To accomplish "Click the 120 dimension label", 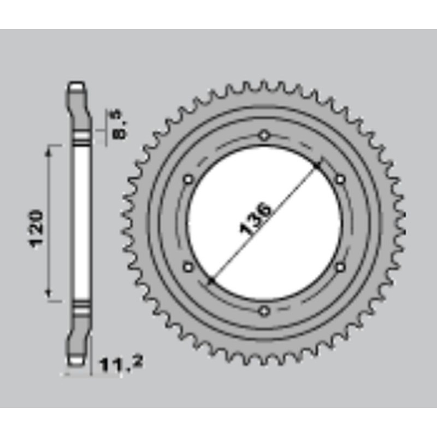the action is (37, 229).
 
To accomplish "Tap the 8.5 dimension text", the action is (120, 125).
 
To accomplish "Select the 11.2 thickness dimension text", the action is (121, 364).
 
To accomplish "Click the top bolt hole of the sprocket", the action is (264, 135).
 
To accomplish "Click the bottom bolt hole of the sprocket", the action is (264, 311).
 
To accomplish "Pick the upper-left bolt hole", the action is (188, 179).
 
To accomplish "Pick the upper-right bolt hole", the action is (340, 179).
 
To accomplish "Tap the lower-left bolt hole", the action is (188, 267).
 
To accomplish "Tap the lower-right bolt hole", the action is (340, 267).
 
